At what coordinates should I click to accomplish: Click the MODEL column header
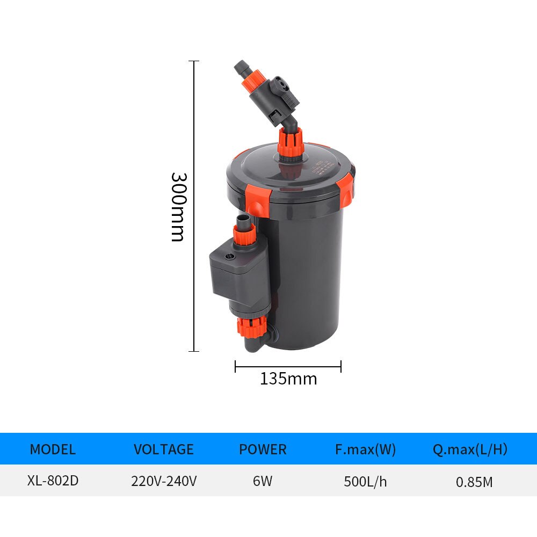[53, 449]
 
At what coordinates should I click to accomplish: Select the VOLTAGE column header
[164, 449]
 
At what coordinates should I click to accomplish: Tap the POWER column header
[263, 449]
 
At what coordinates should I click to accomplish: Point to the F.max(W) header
[365, 449]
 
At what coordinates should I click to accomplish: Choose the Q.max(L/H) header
[470, 449]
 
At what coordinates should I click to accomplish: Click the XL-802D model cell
[53, 480]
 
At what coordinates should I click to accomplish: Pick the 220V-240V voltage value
[164, 481]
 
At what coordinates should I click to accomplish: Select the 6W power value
[263, 481]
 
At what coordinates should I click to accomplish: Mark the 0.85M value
[474, 482]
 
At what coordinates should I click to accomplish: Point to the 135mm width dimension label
[288, 379]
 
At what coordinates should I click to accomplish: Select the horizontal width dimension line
[288, 367]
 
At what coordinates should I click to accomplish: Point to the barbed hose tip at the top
[240, 68]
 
